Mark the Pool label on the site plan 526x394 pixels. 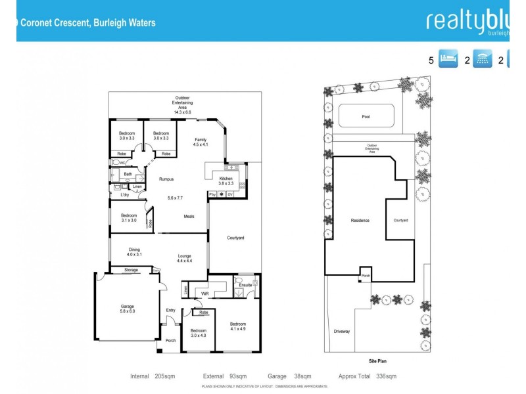366,117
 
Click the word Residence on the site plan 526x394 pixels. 360,221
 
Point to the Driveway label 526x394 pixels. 341,331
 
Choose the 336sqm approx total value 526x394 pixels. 386,376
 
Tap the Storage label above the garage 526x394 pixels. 131,270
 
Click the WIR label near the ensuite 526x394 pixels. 204,294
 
